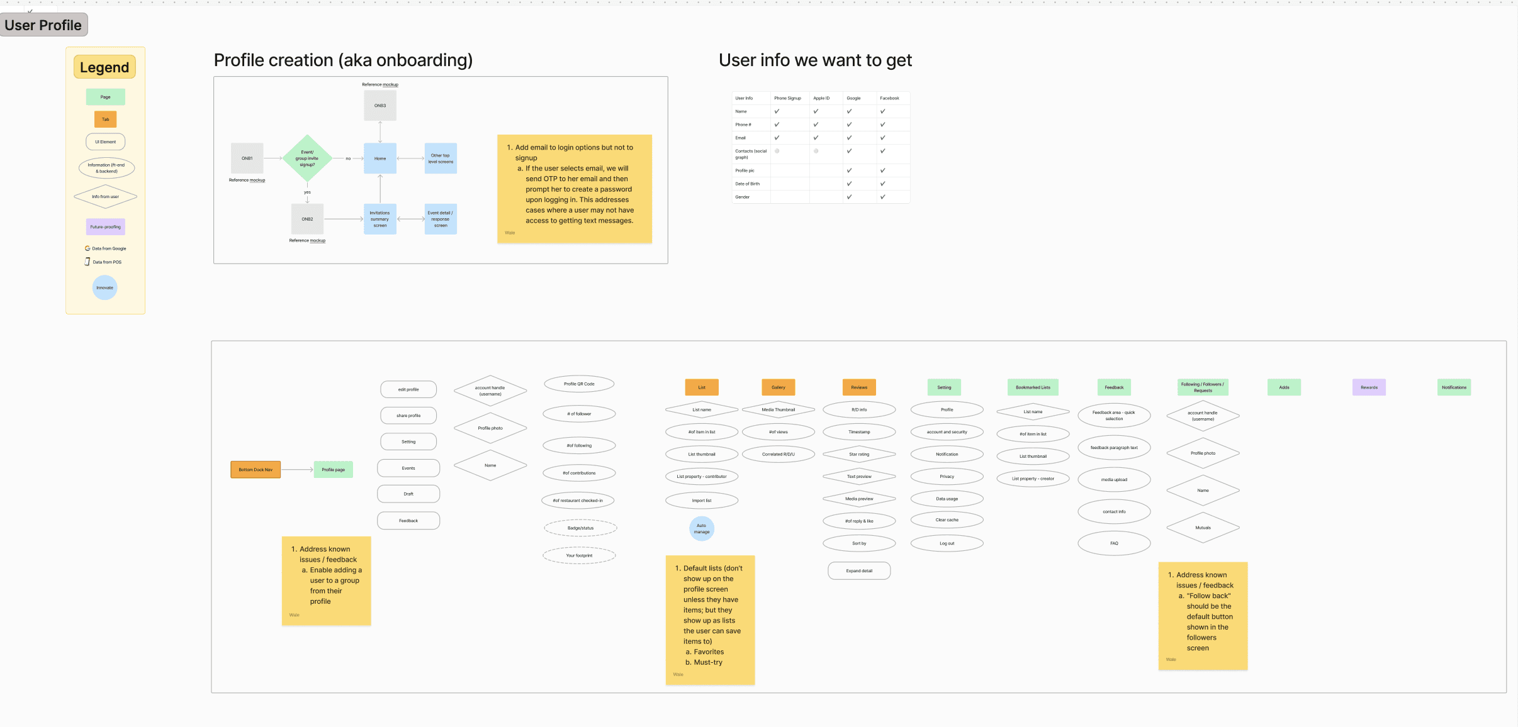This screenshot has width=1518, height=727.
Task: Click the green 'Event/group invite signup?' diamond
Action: [x=307, y=158]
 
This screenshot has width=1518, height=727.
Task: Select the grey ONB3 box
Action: [x=380, y=106]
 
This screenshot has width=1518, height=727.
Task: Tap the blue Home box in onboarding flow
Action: [x=380, y=158]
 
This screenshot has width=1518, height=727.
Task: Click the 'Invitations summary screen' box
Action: [x=380, y=219]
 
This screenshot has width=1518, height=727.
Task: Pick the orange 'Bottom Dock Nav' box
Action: [x=256, y=470]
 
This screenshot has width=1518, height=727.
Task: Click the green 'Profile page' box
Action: [x=334, y=470]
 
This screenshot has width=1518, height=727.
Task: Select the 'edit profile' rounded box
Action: [x=408, y=389]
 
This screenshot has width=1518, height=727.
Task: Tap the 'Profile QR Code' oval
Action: [x=579, y=384]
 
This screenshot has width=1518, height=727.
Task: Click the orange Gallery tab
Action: [x=779, y=387]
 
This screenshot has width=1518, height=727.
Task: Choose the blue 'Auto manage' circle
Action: [x=702, y=529]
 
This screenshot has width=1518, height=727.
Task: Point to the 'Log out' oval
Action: [x=947, y=543]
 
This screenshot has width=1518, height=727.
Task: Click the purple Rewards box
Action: [x=1369, y=387]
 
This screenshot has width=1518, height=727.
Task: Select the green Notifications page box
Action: [x=1454, y=387]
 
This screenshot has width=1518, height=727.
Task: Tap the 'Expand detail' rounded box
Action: [x=859, y=571]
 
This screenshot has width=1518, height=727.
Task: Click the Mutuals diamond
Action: [x=1203, y=528]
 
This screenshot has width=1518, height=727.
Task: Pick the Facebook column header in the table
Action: [x=889, y=98]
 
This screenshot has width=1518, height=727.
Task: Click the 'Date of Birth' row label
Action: [x=748, y=184]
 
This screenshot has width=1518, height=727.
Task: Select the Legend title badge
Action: [x=104, y=67]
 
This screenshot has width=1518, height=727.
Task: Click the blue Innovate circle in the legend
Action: [x=105, y=288]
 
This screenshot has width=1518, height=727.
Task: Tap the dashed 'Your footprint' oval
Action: [x=579, y=555]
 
